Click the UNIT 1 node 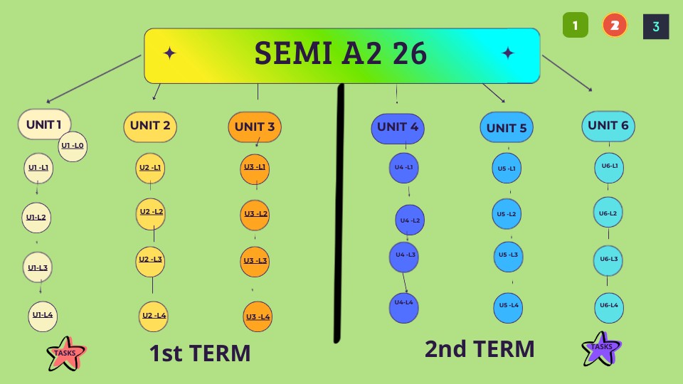pos(44,124)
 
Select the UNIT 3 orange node pos(255,127)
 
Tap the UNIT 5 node pos(506,127)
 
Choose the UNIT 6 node pos(608,126)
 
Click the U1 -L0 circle pos(73,146)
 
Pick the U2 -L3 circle pos(150,261)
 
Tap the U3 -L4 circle pos(258,316)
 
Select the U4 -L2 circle pos(410,220)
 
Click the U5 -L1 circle pos(507,168)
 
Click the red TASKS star pos(66,353)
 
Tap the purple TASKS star pos(602,348)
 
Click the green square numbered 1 pos(576,26)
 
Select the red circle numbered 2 pos(615,26)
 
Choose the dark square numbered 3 pos(656,26)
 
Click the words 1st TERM pos(200,353)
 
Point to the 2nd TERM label pos(480,348)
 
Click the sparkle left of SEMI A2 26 pos(169,53)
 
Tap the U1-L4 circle pos(43,316)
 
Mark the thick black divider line pos(339,213)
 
